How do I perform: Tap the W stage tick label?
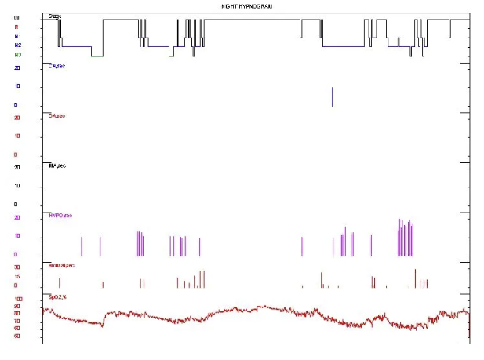pos(16,17)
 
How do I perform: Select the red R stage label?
pos(16,27)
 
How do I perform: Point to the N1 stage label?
pos(17,36)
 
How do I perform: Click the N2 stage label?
pos(17,45)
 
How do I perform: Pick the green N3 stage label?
pos(17,55)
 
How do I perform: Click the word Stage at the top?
pos(55,16)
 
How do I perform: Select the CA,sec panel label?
pos(56,66)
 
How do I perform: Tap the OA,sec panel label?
pos(56,116)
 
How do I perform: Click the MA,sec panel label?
pos(56,166)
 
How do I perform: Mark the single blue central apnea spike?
pos(333,96)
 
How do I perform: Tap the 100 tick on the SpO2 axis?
pos(19,299)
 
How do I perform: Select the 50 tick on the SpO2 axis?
pos(17,336)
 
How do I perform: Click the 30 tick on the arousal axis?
pos(16,267)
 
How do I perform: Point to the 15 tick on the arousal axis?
pos(16,277)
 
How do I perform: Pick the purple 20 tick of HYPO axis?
pos(16,217)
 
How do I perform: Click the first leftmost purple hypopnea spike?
pos(82,246)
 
